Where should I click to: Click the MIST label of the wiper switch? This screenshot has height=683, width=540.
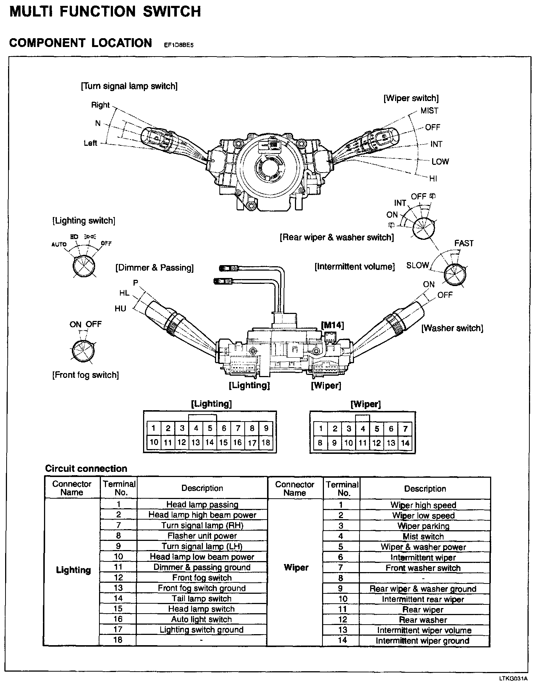(x=429, y=111)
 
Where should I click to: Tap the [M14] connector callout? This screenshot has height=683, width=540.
(x=332, y=325)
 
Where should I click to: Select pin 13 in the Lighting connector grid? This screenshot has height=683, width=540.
(x=196, y=442)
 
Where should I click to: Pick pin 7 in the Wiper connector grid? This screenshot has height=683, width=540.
(x=405, y=429)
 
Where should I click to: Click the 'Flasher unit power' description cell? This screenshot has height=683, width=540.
(x=202, y=536)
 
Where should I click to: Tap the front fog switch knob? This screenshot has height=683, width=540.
(x=83, y=350)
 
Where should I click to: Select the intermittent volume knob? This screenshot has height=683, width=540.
(x=455, y=274)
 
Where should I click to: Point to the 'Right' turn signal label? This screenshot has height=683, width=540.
(x=100, y=105)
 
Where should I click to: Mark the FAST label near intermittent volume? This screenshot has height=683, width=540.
(x=464, y=243)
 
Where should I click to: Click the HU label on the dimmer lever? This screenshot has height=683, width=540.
(x=120, y=308)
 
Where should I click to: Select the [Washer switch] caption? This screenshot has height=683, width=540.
(x=452, y=328)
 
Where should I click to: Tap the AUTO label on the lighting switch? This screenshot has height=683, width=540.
(x=59, y=244)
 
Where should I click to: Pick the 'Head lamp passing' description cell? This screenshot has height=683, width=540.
(x=202, y=505)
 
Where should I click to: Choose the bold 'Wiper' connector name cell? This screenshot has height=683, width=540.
(x=296, y=567)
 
